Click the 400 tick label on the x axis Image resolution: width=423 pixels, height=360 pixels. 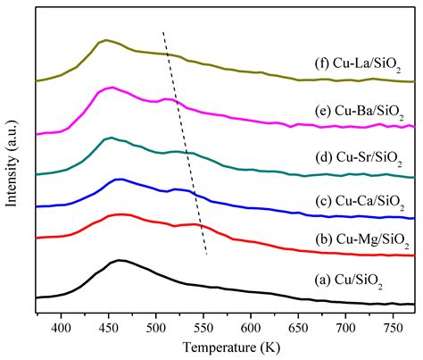pyautogui.click(x=61, y=328)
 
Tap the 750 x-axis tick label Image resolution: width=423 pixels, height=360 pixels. pyautogui.click(x=394, y=328)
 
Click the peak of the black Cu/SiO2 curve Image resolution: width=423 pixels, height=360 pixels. pyautogui.click(x=119, y=261)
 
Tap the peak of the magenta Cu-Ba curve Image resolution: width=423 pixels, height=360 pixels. pyautogui.click(x=111, y=88)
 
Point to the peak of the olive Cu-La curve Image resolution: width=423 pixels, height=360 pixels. pyautogui.click(x=106, y=40)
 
